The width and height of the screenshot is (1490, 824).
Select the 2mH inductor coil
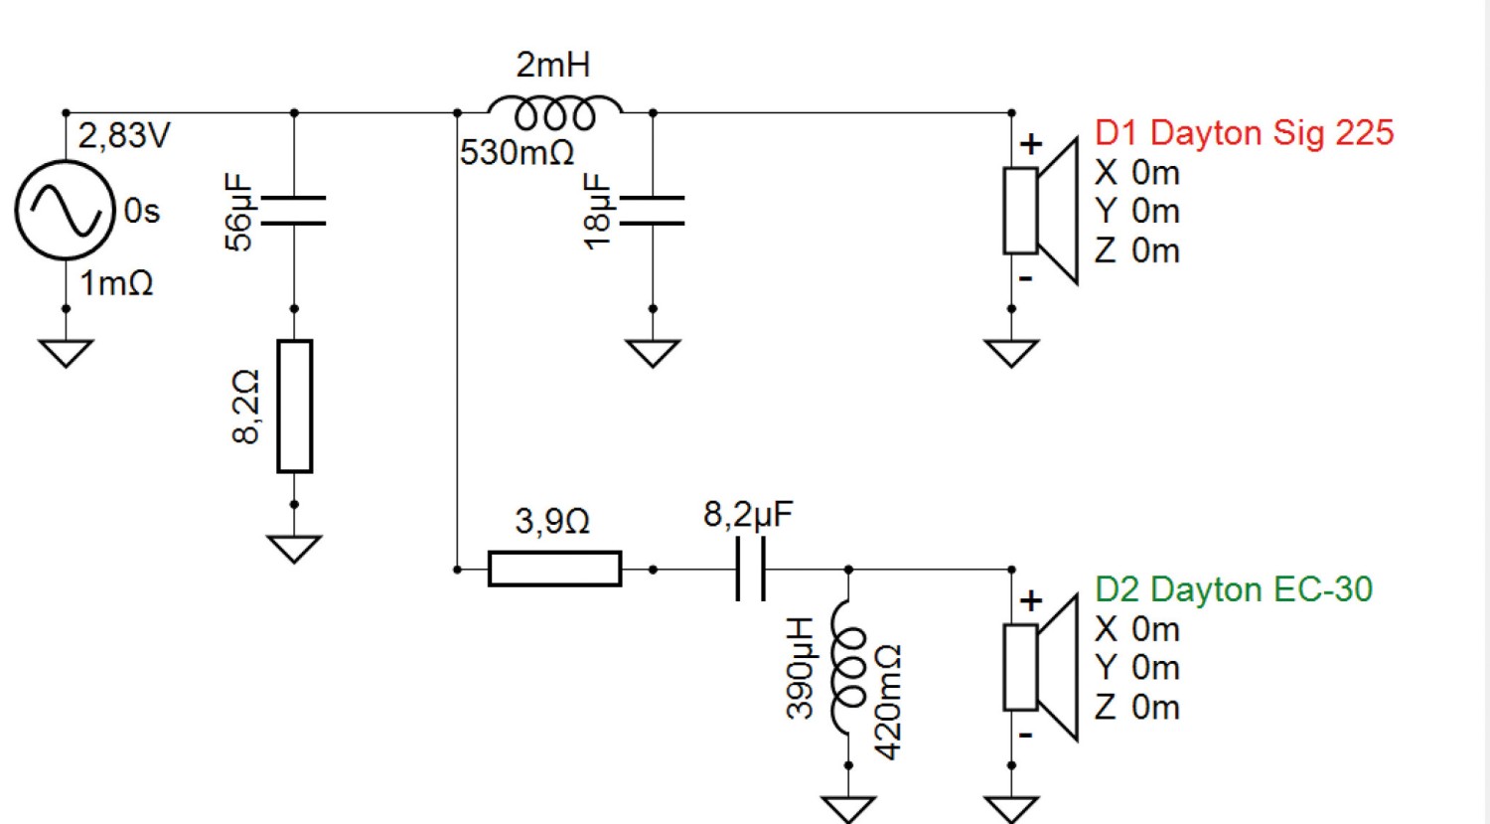554,106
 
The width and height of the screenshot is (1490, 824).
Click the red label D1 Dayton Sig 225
1244,132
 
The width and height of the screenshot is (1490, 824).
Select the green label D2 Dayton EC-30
1234,589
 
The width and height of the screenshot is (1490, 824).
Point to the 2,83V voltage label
124,136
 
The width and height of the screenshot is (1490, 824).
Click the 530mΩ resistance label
517,152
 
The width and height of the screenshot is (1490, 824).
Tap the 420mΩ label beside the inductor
888,702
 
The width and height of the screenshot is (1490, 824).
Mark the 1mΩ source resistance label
116,283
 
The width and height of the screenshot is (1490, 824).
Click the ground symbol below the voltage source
66,353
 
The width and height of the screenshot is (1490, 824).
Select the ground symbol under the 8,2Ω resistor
294,549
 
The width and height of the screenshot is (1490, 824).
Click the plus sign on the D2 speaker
1031,601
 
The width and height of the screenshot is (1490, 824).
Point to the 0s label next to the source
142,211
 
